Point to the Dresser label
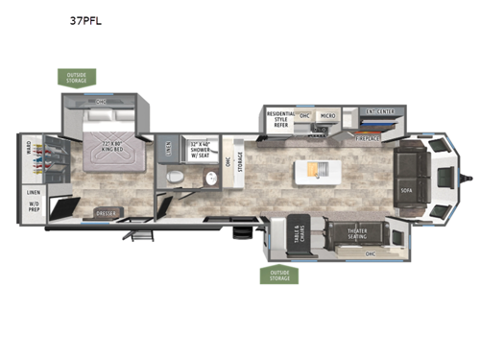(x=106, y=212)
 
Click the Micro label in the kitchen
(x=326, y=116)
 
